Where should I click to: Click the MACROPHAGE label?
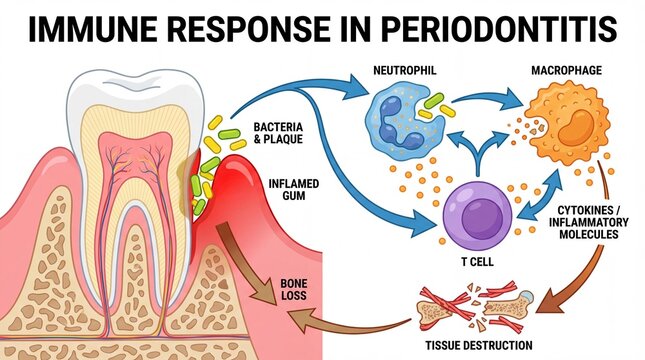pos(565,73)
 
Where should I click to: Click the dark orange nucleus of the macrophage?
pos(561,131)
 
